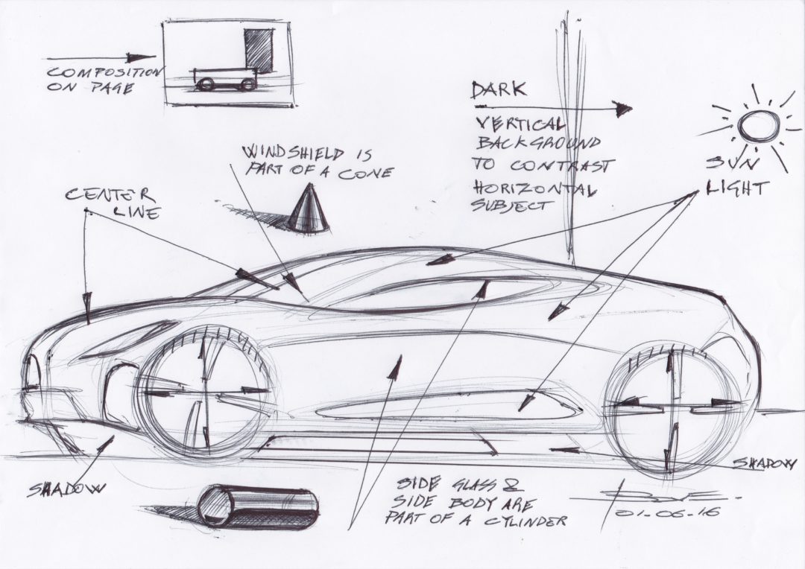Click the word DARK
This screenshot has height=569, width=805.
pos(499,91)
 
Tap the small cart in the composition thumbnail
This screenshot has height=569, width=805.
pos(224,78)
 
